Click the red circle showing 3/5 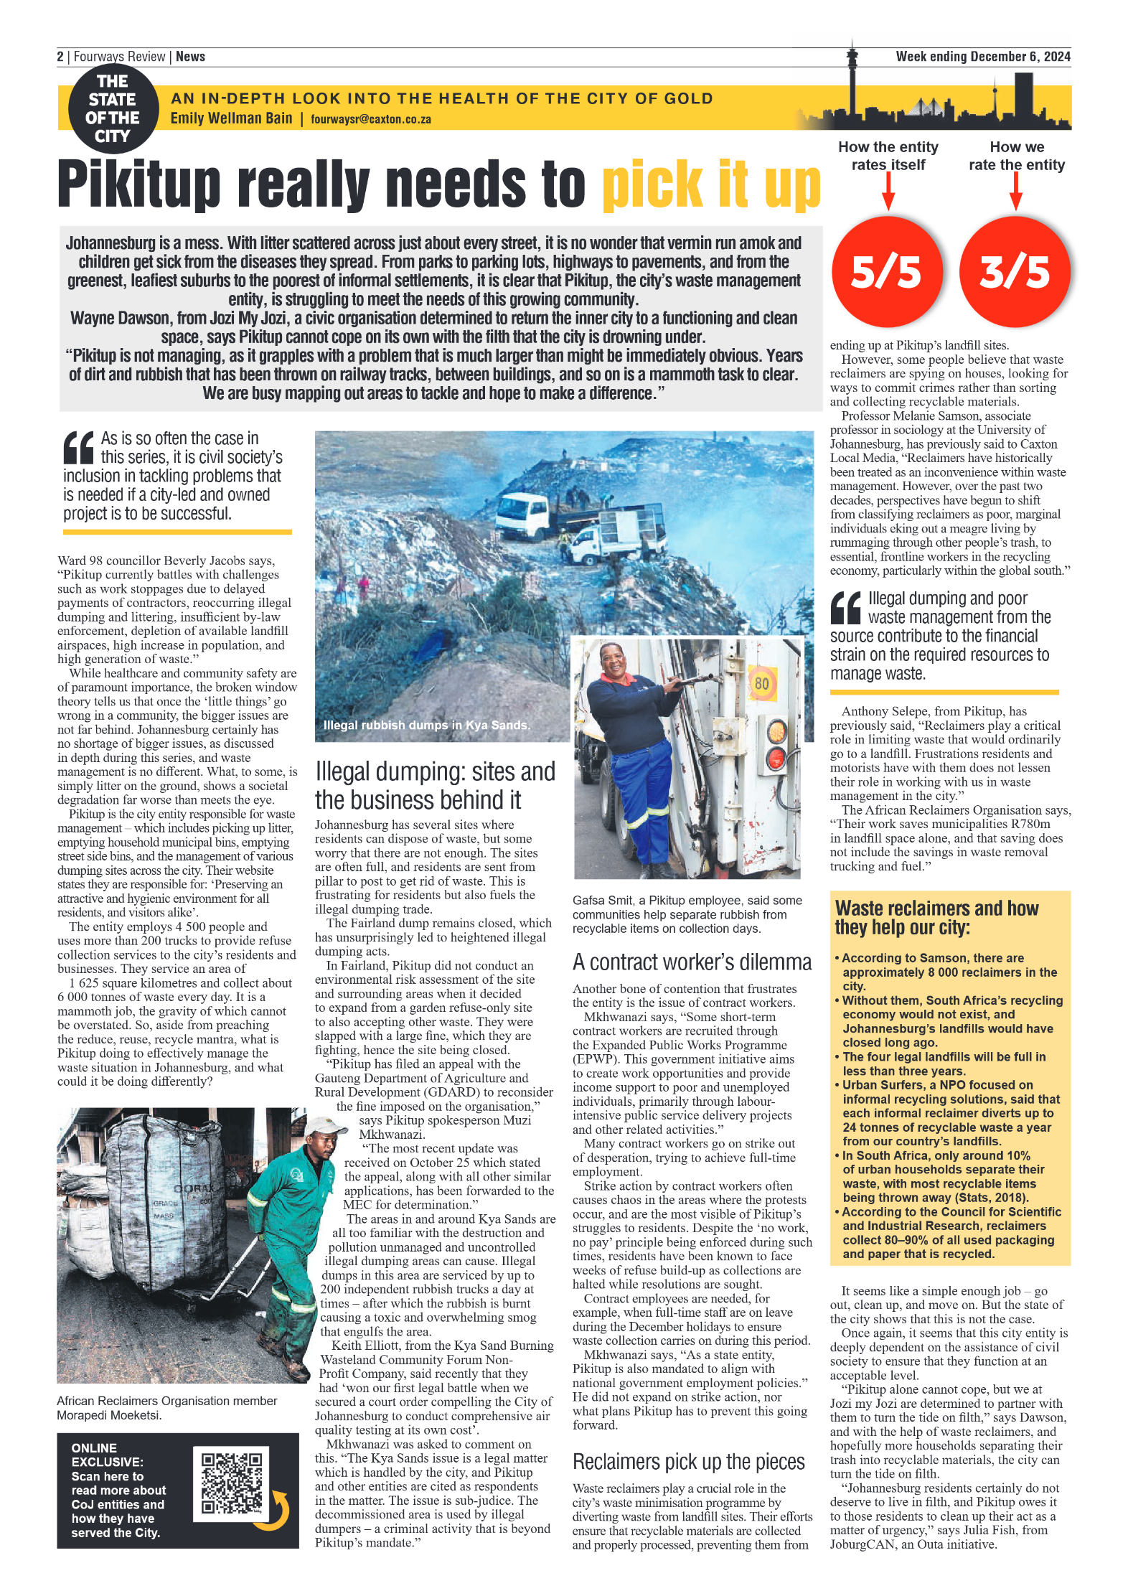click(1014, 271)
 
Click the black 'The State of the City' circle click(113, 108)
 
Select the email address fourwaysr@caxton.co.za click(370, 119)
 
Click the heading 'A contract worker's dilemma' click(692, 962)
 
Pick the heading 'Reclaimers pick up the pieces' click(688, 1461)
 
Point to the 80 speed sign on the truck click(761, 682)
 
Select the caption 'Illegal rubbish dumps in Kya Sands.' click(426, 725)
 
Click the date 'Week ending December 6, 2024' click(982, 57)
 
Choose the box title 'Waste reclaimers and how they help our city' click(936, 918)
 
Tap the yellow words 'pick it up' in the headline click(710, 184)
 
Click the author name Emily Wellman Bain click(231, 118)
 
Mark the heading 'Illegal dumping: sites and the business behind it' click(435, 786)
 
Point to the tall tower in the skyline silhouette click(852, 79)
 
